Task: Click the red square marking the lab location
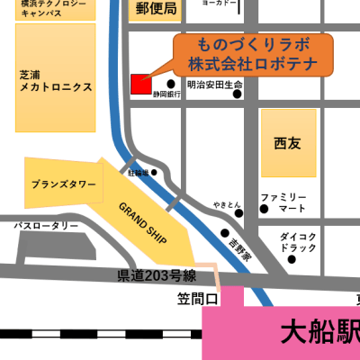tap(141, 83)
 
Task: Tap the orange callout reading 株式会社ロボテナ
tap(252, 65)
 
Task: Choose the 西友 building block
tap(288, 142)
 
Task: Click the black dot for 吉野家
tap(225, 232)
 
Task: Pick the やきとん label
tap(228, 205)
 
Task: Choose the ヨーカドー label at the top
tap(220, 4)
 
